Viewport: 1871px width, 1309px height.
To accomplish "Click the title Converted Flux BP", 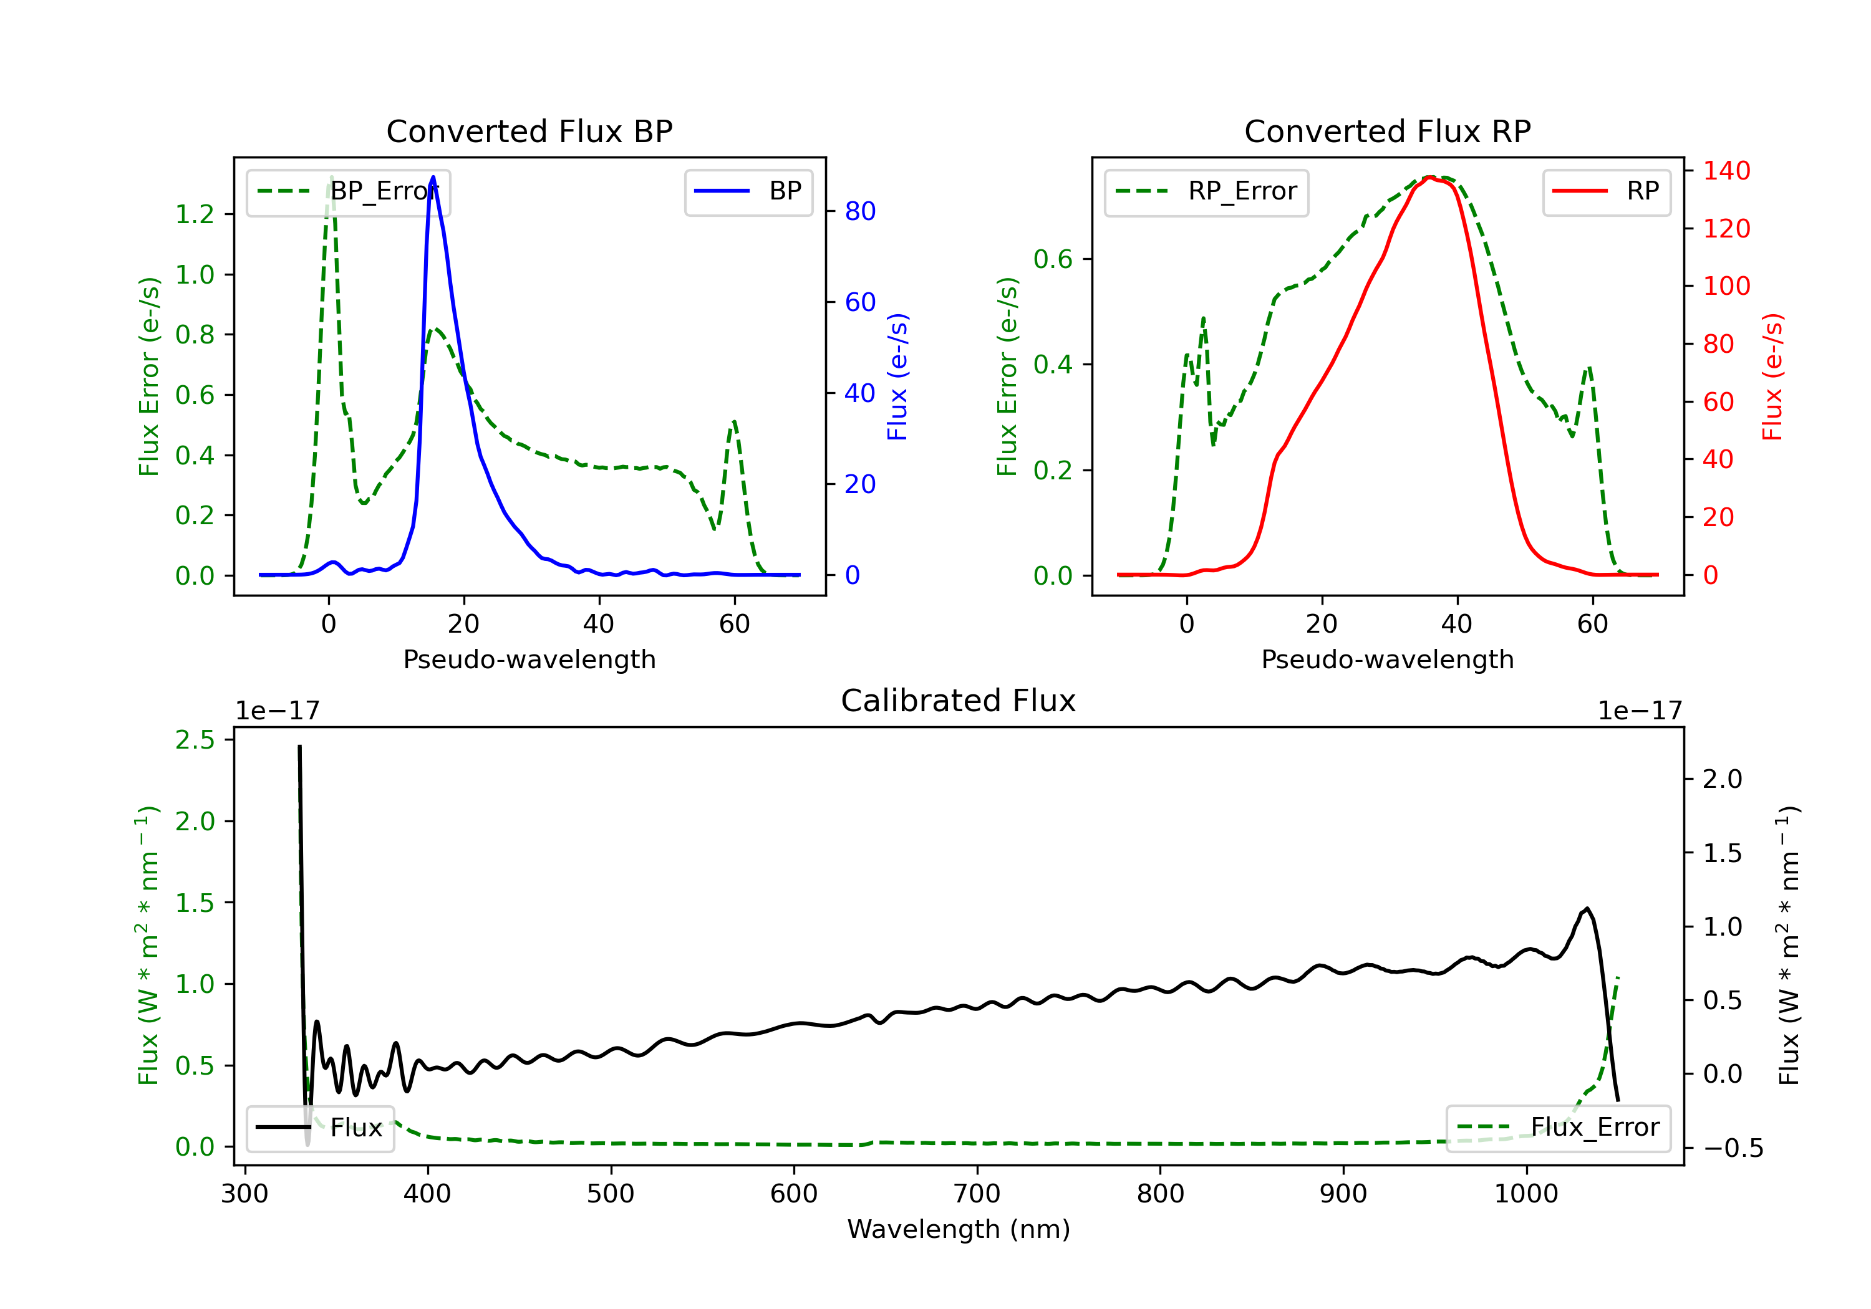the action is [529, 131].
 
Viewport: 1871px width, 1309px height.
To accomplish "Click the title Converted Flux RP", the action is [1387, 131].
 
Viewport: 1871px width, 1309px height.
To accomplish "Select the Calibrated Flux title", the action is [959, 701].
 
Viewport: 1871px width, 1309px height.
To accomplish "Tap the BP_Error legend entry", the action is [348, 191].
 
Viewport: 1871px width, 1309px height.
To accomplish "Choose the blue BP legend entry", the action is [748, 191].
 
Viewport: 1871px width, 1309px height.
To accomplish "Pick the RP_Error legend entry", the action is [1206, 191].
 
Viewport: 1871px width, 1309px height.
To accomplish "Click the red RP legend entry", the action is [1606, 191].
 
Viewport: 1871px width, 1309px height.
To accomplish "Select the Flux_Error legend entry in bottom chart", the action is [1558, 1128].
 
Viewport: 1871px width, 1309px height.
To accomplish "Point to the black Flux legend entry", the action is [319, 1128].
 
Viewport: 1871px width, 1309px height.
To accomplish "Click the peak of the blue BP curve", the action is [433, 177].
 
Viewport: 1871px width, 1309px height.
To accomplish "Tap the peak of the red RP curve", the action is [1431, 177].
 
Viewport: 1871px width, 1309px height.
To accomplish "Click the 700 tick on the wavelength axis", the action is [977, 1194].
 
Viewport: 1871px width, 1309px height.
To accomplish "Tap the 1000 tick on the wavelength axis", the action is [1526, 1194].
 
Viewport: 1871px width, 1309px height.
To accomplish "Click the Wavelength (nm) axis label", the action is [959, 1229].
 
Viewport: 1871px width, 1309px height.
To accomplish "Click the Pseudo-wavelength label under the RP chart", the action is [1387, 659].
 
